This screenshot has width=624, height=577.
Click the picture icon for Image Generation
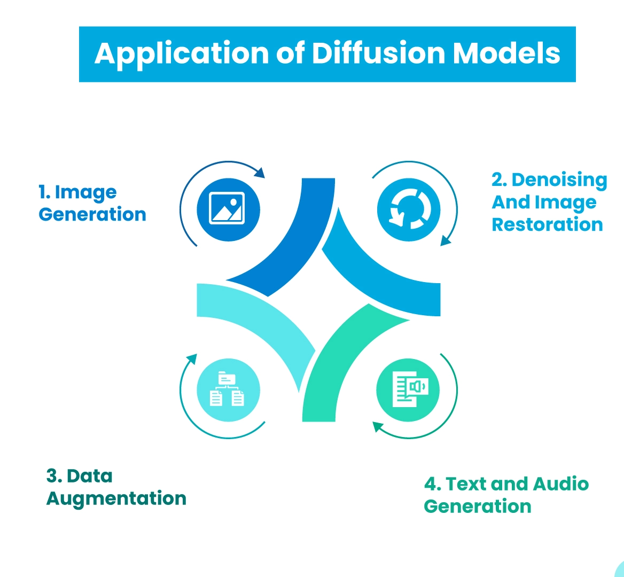(x=228, y=209)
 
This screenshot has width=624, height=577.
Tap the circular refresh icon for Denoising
(x=408, y=209)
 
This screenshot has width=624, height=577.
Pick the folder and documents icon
(x=228, y=389)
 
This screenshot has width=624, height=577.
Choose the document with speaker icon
(x=408, y=389)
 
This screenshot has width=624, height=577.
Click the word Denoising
(x=559, y=181)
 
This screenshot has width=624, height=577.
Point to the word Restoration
(x=547, y=225)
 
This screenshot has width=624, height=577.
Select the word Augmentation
(x=116, y=499)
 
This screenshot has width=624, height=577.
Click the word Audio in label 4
(x=561, y=484)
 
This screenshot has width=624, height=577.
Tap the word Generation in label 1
(x=92, y=214)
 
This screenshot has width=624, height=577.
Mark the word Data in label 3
(x=90, y=476)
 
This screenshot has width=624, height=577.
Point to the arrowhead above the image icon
(x=260, y=173)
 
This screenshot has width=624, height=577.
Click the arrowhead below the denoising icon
(x=445, y=241)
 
